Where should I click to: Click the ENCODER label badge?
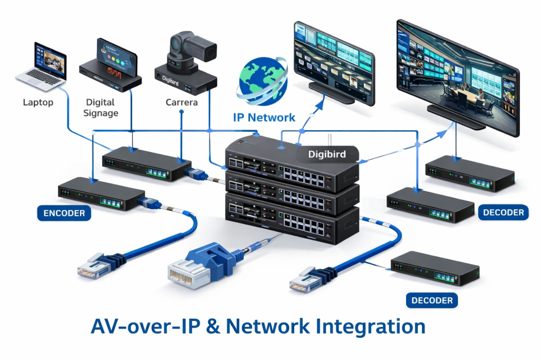click(64, 213)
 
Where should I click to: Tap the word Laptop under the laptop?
click(38, 102)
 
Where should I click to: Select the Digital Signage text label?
click(101, 108)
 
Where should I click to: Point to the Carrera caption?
click(181, 102)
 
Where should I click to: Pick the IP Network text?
click(264, 118)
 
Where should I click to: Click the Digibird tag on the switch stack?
click(327, 154)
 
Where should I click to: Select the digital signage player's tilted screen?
click(117, 57)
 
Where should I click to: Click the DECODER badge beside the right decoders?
click(503, 212)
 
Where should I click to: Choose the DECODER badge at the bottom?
click(432, 300)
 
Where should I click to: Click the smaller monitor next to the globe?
click(334, 64)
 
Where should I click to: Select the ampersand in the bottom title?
click(213, 327)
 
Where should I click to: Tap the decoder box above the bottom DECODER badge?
click(435, 268)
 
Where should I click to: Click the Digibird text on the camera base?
click(170, 81)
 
